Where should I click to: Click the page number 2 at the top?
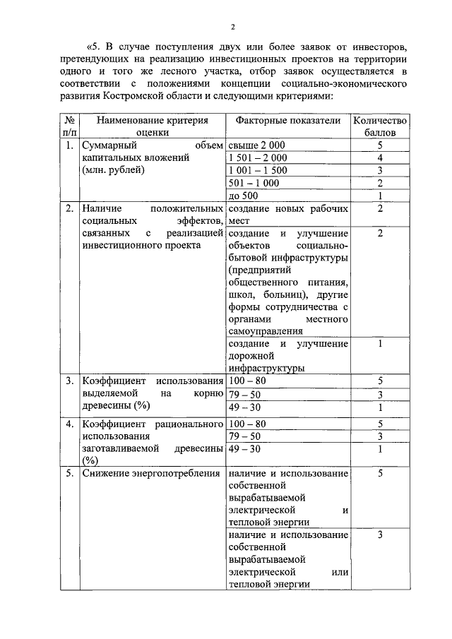pyautogui.click(x=232, y=27)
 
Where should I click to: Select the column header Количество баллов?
pyautogui.click(x=379, y=126)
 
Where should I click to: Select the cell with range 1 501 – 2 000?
pyautogui.click(x=258, y=157)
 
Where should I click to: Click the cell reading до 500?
pyautogui.click(x=244, y=196)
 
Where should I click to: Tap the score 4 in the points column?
pyautogui.click(x=380, y=157)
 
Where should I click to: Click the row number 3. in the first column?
pyautogui.click(x=69, y=381)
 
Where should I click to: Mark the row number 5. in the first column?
pyautogui.click(x=69, y=472)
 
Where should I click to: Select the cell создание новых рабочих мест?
pyautogui.click(x=288, y=215)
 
